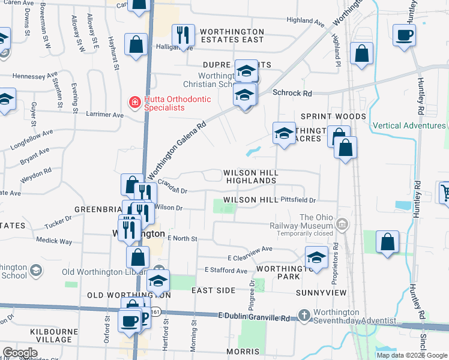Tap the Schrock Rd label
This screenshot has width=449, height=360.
point(292,94)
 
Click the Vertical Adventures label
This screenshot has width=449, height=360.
point(409,125)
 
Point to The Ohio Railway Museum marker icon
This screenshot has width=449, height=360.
point(342,225)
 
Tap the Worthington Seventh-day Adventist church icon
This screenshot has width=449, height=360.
point(305,315)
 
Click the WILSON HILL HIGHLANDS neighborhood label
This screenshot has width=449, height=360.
point(250,176)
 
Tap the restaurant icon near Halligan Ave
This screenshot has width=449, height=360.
point(181,35)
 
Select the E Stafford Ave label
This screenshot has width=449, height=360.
point(226,271)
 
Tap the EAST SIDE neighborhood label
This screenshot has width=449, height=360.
point(213,290)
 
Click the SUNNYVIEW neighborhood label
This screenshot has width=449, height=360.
point(321,293)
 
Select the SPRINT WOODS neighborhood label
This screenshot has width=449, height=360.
point(333,116)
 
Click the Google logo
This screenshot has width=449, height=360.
point(20,353)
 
